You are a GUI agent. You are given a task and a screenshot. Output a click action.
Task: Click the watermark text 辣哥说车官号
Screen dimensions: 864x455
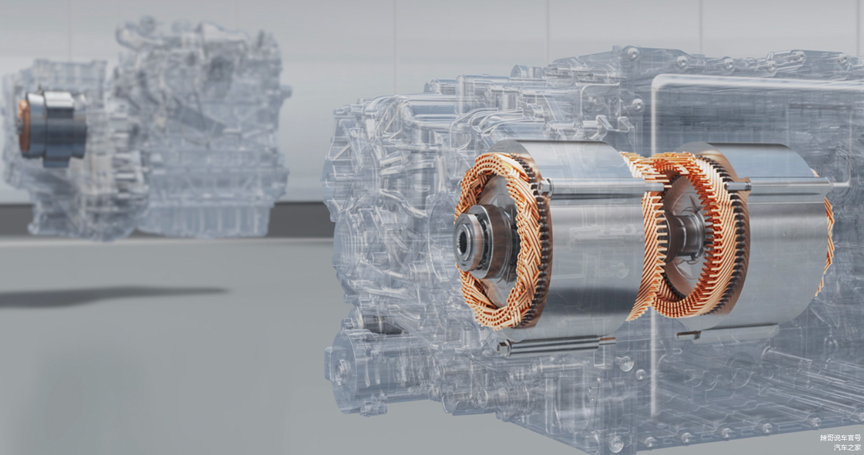coord(840,437)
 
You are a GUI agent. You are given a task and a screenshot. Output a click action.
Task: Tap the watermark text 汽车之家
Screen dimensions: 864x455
coord(847,447)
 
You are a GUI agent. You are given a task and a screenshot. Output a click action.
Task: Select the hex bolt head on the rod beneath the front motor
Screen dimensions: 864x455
coord(504,348)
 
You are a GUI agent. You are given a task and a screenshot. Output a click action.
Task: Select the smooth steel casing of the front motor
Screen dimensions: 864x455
coord(590,239)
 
